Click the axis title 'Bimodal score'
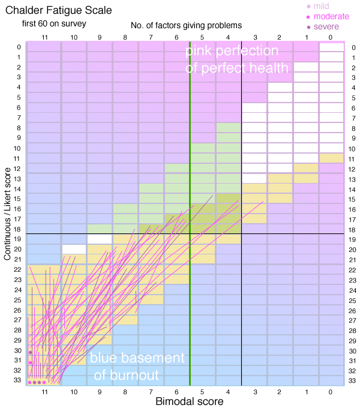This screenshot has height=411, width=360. click(x=190, y=401)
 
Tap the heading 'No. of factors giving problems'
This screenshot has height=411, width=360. click(x=186, y=26)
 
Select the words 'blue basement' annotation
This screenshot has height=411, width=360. click(x=137, y=358)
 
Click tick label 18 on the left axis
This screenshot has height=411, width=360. click(x=17, y=229)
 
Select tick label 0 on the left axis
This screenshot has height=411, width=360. click(x=19, y=47)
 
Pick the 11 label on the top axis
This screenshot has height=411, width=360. click(x=44, y=37)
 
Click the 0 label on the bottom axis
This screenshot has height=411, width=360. click(x=331, y=392)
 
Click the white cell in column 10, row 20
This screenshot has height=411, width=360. click(x=74, y=249)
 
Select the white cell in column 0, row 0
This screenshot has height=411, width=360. click(x=331, y=47)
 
